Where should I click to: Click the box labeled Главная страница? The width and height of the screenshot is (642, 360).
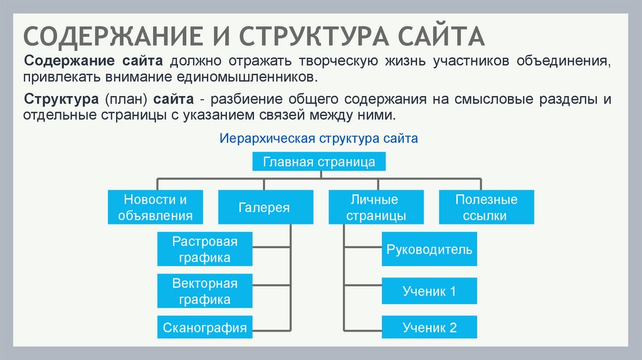(x=318, y=162)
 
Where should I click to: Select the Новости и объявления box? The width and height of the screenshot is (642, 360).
(x=155, y=208)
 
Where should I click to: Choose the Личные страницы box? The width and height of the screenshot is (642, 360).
(x=374, y=208)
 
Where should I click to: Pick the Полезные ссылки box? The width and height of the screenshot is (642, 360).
(x=486, y=208)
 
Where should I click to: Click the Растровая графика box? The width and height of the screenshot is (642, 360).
(x=204, y=249)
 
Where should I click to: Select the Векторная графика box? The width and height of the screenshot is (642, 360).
(x=204, y=291)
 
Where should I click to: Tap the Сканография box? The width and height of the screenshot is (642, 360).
(x=204, y=327)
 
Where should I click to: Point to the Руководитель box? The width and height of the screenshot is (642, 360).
(x=429, y=250)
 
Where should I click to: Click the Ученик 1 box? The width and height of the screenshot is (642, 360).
(x=429, y=291)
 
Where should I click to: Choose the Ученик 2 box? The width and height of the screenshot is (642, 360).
(x=429, y=327)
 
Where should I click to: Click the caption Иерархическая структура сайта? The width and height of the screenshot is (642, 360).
(x=318, y=138)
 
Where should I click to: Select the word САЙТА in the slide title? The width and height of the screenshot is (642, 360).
(x=439, y=36)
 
